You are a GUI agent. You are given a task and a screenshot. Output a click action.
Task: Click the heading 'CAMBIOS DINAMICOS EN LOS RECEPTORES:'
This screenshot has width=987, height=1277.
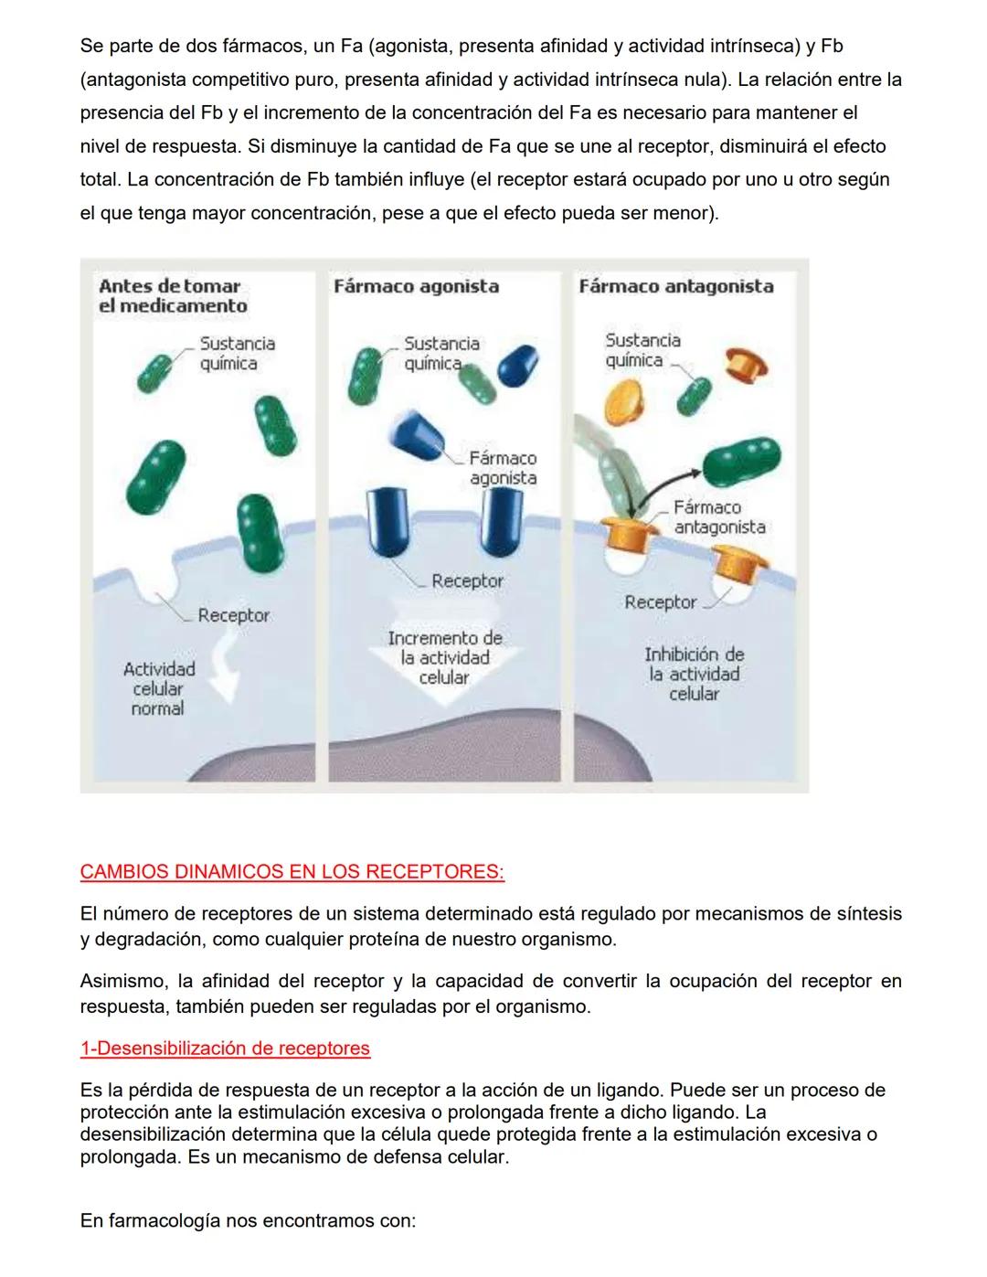point(292,871)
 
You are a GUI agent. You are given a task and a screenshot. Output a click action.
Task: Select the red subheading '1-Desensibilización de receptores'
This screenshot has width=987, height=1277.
point(225,1048)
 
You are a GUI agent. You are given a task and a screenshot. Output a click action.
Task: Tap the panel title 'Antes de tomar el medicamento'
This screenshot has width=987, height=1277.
point(173,296)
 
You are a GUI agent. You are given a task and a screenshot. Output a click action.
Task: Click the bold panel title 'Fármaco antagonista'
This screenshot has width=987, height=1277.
point(675,286)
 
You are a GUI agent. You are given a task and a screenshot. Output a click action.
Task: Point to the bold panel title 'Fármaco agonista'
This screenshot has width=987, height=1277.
point(416,286)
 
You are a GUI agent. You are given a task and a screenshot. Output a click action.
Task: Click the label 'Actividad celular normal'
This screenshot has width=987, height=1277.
point(158,688)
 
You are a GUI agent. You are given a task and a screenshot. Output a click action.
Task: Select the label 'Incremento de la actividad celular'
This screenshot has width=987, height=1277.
point(444,657)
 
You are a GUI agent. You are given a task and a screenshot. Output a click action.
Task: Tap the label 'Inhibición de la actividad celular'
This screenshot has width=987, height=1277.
point(694,674)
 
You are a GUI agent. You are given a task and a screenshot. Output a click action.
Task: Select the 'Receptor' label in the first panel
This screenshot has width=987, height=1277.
point(233,615)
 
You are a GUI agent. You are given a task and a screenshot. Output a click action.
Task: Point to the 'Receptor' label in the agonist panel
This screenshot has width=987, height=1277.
point(467,580)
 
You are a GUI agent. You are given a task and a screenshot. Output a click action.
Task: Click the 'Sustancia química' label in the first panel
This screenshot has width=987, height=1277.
point(237,353)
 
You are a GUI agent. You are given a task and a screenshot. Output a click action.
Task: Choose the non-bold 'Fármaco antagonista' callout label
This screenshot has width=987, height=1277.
point(719,517)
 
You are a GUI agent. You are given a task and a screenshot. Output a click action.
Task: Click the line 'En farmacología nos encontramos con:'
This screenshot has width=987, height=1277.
point(248,1220)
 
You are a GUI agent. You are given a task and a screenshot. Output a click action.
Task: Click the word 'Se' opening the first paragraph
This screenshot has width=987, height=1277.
point(90,46)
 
